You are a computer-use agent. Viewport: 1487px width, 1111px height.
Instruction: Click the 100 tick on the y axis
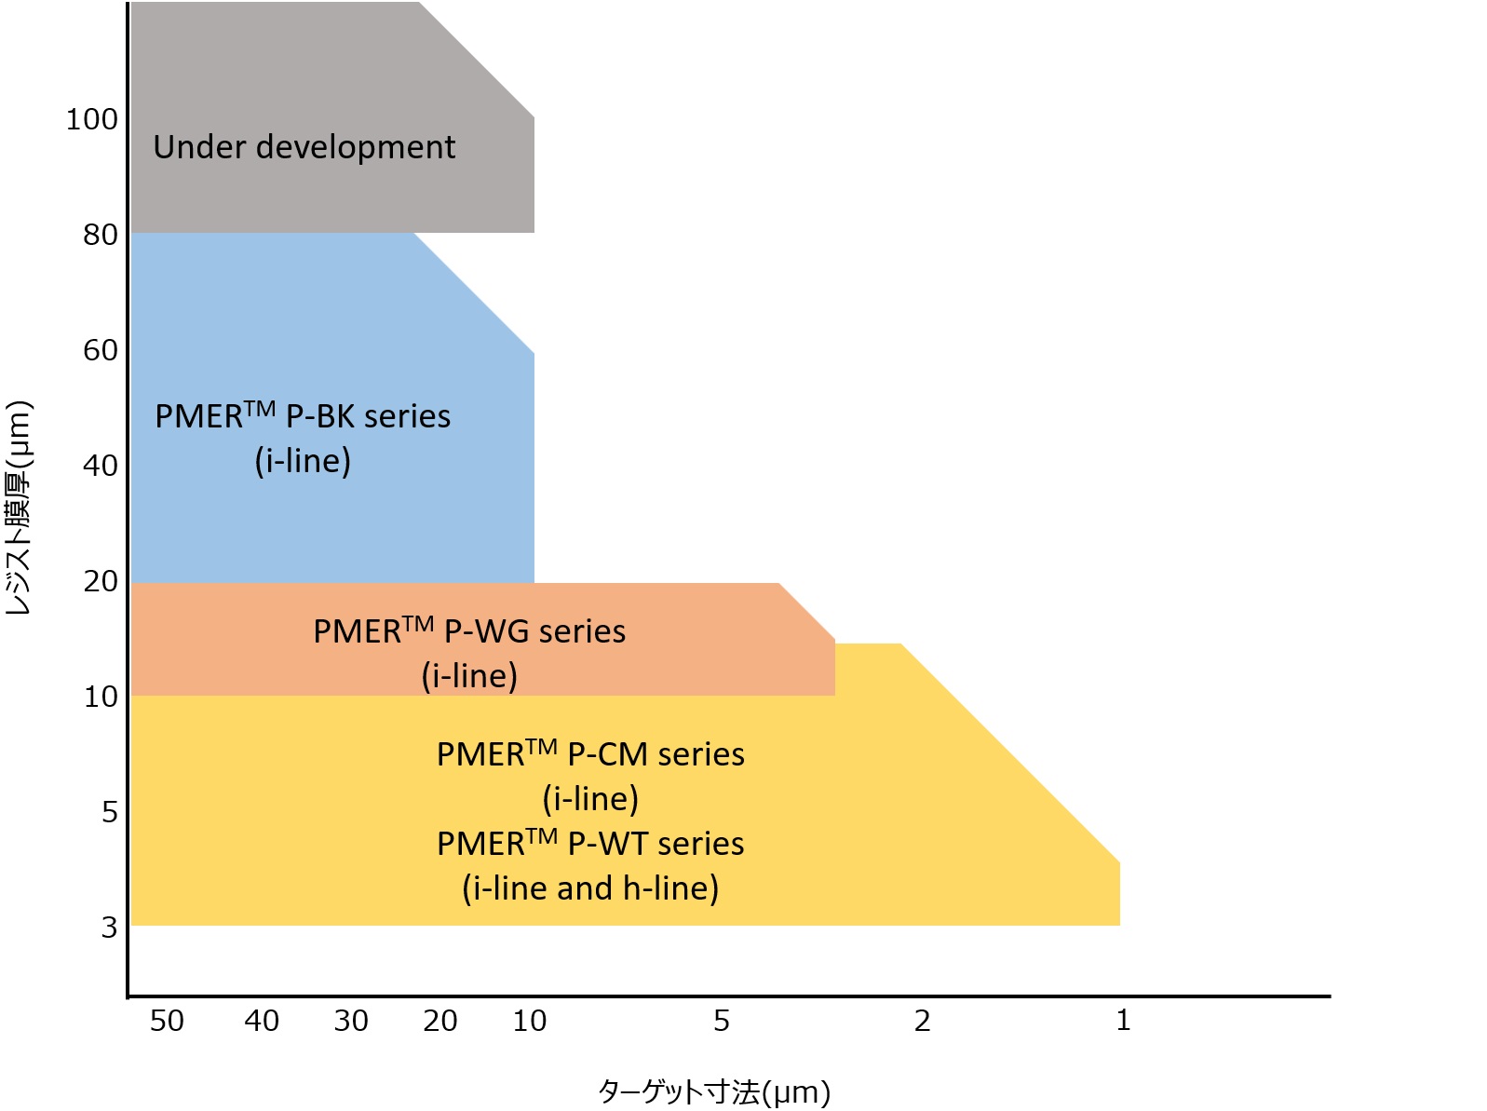pyautogui.click(x=91, y=119)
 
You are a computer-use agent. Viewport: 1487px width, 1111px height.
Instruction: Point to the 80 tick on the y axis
pyautogui.click(x=100, y=235)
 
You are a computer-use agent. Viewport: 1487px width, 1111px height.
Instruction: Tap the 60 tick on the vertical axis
pyautogui.click(x=100, y=350)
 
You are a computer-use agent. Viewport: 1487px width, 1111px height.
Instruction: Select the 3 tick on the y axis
pyautogui.click(x=109, y=928)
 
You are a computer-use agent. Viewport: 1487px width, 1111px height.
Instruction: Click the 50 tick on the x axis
pyautogui.click(x=167, y=1021)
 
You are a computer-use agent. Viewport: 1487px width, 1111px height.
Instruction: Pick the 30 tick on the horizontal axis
pyautogui.click(x=351, y=1021)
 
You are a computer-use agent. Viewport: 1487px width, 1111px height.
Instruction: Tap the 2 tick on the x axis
pyautogui.click(x=922, y=1021)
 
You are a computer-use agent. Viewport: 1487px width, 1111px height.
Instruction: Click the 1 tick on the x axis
pyautogui.click(x=1123, y=1021)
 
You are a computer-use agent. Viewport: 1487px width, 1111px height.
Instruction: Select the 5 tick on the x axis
pyautogui.click(x=722, y=1021)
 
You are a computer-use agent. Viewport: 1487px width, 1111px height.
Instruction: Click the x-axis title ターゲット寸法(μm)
pyautogui.click(x=713, y=1091)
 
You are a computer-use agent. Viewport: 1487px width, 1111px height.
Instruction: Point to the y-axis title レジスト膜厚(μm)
pyautogui.click(x=19, y=508)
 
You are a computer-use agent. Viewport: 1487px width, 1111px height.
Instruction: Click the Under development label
pyautogui.click(x=304, y=147)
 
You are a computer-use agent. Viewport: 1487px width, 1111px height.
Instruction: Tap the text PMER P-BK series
pyautogui.click(x=303, y=415)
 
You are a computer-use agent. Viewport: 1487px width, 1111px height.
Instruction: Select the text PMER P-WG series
pyautogui.click(x=469, y=630)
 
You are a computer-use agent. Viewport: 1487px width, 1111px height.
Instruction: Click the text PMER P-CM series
pyautogui.click(x=590, y=753)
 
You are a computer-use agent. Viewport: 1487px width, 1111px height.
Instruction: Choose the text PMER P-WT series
pyautogui.click(x=590, y=843)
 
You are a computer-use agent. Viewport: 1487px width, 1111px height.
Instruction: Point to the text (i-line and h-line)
pyautogui.click(x=590, y=888)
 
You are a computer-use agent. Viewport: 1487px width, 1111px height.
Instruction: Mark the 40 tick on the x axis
pyautogui.click(x=262, y=1021)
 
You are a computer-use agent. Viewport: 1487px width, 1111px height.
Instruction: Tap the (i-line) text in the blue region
pyautogui.click(x=303, y=460)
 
